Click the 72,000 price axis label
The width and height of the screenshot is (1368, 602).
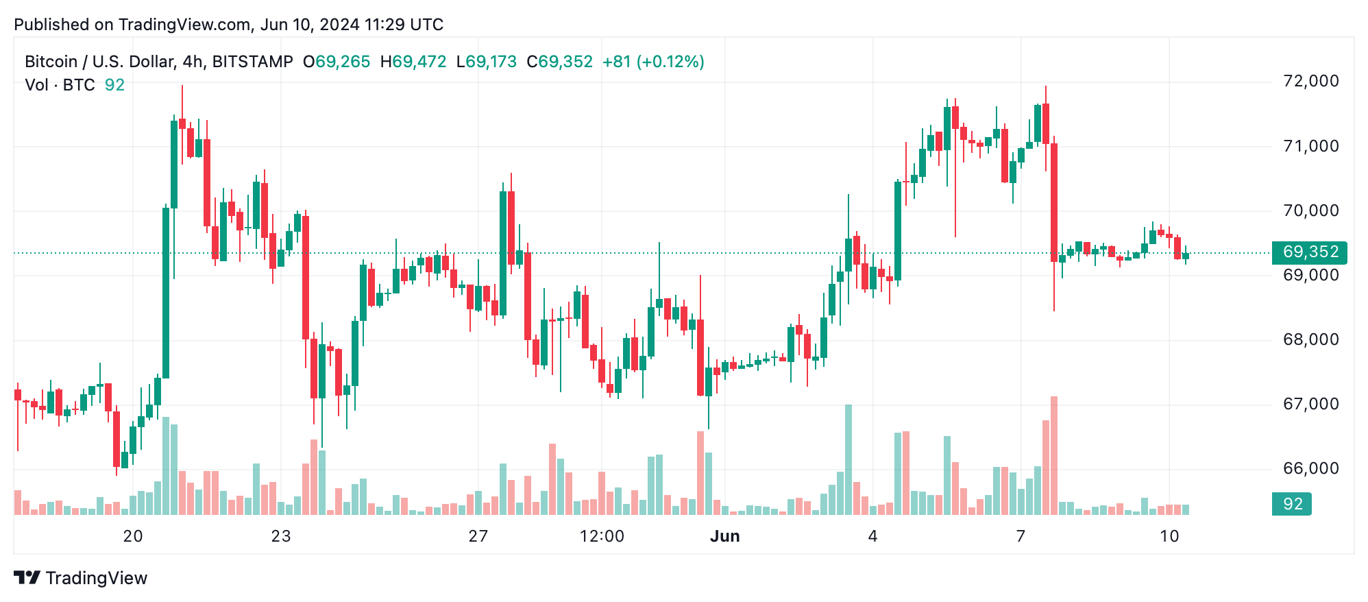1310,81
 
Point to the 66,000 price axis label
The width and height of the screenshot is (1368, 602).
1310,468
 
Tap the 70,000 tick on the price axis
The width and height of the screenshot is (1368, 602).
1310,210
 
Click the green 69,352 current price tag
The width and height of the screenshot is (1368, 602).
1309,252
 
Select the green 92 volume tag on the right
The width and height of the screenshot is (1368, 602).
1292,504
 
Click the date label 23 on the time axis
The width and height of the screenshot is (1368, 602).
281,536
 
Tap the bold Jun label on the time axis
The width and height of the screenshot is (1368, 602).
724,536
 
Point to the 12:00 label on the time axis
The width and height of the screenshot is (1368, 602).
602,536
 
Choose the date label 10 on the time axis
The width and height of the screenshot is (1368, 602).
1169,536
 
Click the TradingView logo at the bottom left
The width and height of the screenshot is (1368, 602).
81,578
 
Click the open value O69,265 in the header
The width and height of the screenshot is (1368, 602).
337,62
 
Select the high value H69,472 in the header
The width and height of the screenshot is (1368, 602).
413,62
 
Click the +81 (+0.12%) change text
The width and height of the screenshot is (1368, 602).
653,62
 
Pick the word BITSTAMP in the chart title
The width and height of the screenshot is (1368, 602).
252,62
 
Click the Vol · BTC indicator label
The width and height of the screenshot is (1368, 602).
60,85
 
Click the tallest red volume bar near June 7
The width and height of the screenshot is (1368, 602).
1054,456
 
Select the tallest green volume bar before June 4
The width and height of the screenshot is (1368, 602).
848,459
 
